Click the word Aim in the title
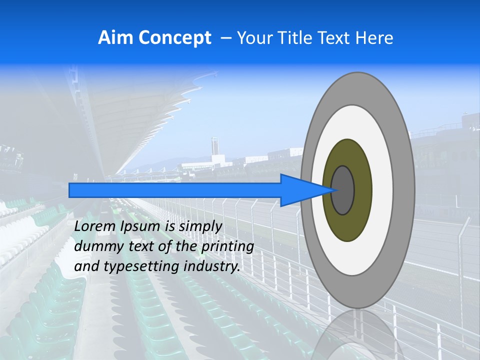[x=115, y=38]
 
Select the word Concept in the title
[x=174, y=38]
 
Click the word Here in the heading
[x=374, y=38]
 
